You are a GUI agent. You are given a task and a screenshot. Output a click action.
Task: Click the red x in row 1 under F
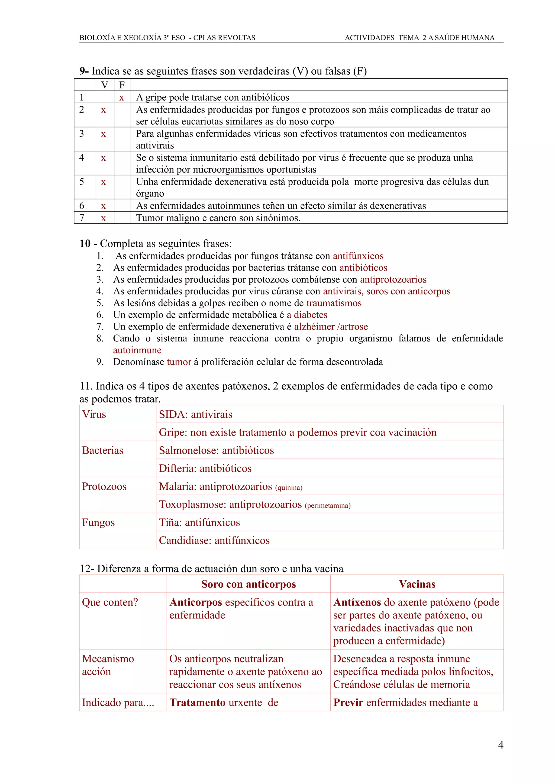coord(121,98)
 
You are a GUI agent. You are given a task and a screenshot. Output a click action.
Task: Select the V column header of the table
coord(105,85)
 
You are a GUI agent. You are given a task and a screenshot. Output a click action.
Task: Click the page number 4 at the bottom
coord(500,745)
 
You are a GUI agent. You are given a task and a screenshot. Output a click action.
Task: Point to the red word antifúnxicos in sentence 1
coord(358,256)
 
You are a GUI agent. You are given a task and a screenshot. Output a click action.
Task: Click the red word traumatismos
coord(334,303)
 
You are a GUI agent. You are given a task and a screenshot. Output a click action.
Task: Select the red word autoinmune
coord(137,350)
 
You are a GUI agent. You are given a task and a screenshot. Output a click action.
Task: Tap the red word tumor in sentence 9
coord(179,362)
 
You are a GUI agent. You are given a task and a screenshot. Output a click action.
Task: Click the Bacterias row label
coord(103,450)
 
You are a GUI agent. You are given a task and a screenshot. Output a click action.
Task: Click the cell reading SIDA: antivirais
coord(196,414)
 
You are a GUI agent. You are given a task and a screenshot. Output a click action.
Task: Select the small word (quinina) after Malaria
coord(289,487)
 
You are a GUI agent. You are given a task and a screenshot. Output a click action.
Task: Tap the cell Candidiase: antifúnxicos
coord(214,541)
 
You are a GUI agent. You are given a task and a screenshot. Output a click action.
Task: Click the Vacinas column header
coord(417,584)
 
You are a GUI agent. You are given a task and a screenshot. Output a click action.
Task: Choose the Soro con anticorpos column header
coord(248,584)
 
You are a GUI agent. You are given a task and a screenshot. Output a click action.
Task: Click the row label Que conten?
coord(110,602)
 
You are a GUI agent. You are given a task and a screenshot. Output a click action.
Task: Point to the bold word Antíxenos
coord(357,602)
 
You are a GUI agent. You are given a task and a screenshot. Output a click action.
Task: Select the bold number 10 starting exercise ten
coord(85,244)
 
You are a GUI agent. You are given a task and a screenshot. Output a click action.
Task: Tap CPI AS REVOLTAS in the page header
coord(224,38)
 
